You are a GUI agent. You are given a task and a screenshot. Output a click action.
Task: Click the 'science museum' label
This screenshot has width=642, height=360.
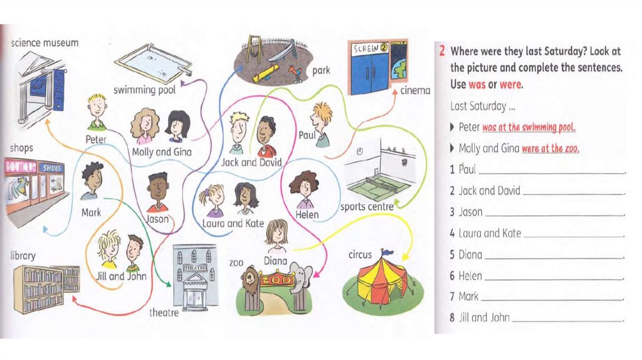click(45, 43)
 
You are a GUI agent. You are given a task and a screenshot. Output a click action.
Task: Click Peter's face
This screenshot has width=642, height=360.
click(97, 107)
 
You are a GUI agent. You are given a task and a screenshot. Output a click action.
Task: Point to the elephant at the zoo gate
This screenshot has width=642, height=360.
click(301, 278)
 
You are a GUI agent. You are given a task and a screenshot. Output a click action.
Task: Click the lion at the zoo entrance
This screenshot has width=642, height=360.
click(251, 280)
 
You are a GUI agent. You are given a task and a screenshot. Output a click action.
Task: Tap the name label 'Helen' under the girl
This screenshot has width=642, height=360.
click(307, 214)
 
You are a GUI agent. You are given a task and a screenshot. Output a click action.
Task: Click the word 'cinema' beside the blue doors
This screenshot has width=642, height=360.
click(415, 90)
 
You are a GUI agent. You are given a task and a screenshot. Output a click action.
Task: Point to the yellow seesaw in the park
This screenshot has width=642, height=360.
click(266, 73)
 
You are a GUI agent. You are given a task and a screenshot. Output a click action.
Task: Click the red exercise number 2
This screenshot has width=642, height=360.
click(442, 51)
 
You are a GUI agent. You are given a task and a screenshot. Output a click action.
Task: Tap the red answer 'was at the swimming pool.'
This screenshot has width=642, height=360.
click(529, 127)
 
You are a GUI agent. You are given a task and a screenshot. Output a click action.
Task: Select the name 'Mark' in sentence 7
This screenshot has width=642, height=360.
click(468, 296)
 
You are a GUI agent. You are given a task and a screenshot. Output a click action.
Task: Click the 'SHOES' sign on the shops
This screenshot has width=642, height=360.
click(52, 167)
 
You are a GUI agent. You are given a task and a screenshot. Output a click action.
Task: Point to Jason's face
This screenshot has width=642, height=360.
click(158, 189)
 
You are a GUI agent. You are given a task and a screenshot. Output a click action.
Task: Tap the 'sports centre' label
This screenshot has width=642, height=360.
click(366, 207)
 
